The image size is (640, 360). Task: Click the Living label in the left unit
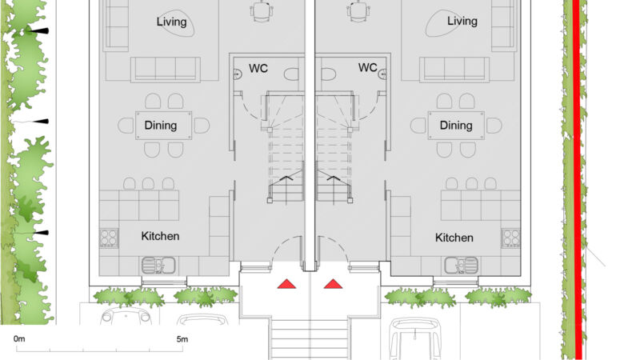point(171,22)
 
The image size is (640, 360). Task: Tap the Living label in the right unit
point(462,21)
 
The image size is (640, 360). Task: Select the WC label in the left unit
point(258,68)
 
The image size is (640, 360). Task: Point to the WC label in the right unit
point(368,67)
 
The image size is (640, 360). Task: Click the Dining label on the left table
point(161,126)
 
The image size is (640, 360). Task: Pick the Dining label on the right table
point(456,126)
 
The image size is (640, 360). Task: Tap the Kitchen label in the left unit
point(160,236)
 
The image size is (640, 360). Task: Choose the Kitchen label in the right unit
point(454,238)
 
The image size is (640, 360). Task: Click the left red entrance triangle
point(286,284)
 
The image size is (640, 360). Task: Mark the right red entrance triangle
point(333,284)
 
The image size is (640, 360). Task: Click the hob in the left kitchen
point(109,238)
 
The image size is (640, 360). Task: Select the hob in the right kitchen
point(511,238)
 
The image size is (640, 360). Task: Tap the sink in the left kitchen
point(158,266)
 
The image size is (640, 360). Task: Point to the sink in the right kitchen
point(462,266)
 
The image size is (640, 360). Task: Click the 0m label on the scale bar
point(19,338)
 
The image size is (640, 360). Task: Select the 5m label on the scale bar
point(182,338)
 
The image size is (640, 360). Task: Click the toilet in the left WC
point(291,74)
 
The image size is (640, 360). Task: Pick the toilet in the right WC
point(328,74)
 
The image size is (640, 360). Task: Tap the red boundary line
point(577,179)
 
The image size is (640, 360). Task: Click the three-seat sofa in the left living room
point(166,70)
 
